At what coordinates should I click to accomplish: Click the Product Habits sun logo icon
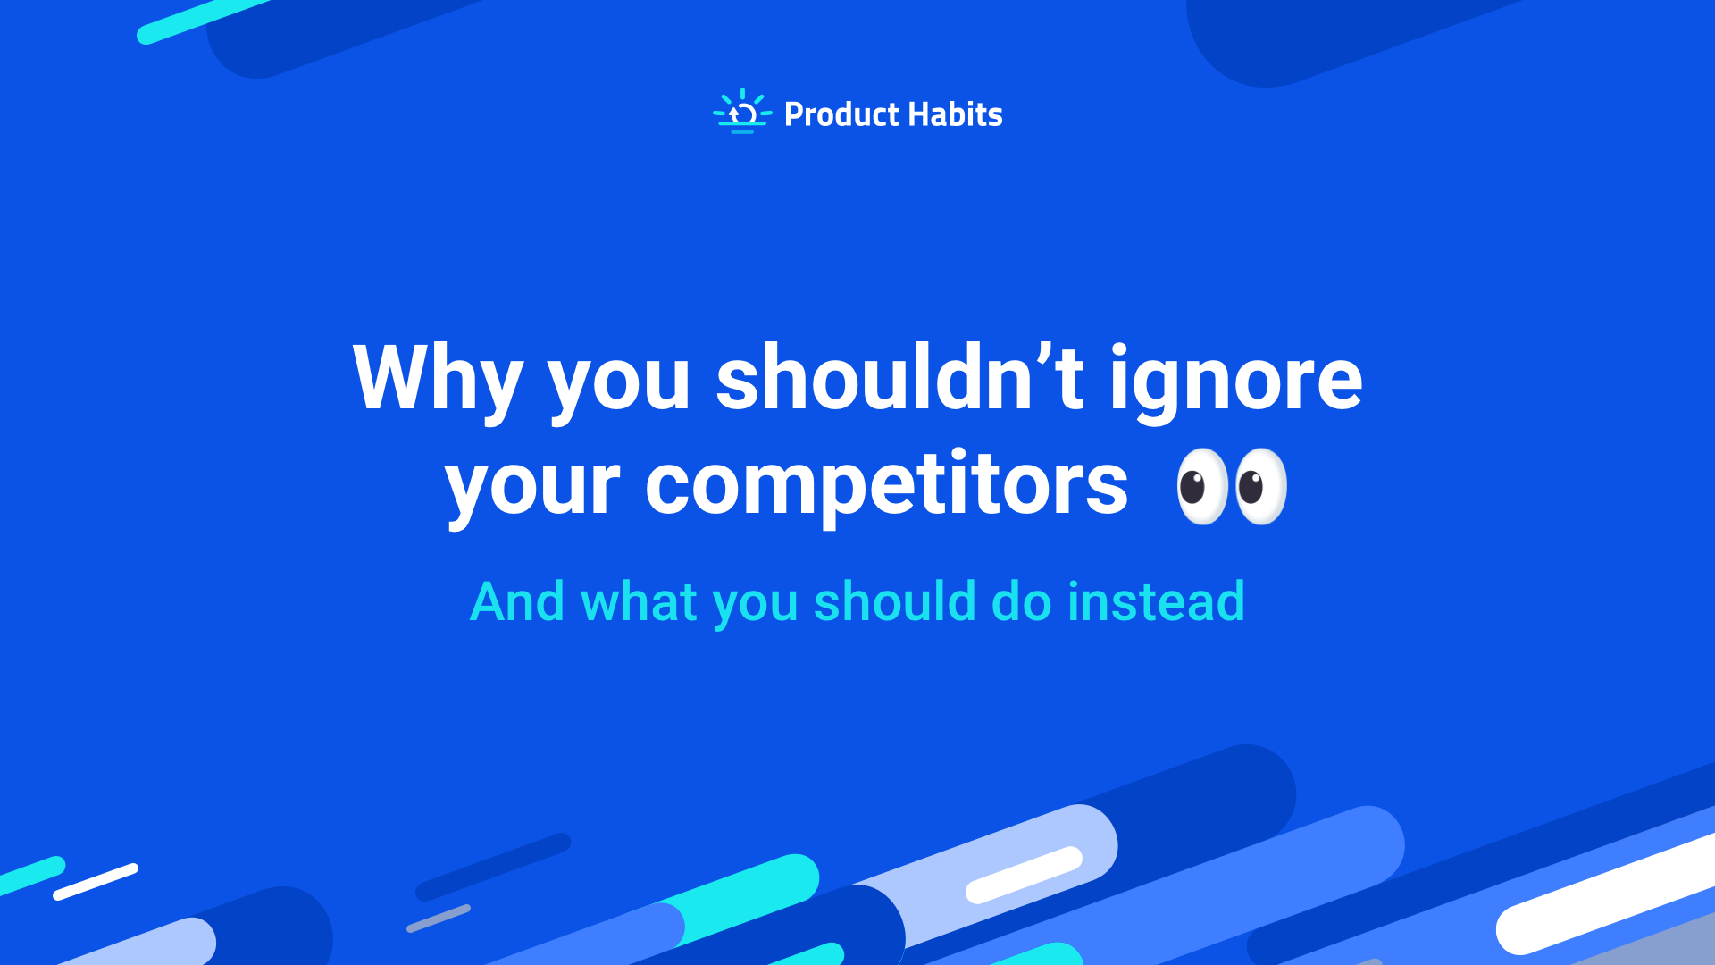(741, 113)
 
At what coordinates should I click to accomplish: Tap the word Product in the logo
(841, 114)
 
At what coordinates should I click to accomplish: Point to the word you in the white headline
(618, 382)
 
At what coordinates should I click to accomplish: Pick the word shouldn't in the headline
(899, 379)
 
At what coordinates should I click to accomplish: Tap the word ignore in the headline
(1235, 382)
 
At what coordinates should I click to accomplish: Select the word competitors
(886, 488)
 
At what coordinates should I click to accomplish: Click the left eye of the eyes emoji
(1201, 486)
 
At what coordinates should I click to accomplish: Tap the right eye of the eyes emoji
(1259, 486)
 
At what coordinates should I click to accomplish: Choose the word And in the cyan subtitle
(517, 601)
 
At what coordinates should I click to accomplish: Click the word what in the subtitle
(638, 601)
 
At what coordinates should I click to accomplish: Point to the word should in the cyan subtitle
(894, 601)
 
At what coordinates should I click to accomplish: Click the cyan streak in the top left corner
(204, 21)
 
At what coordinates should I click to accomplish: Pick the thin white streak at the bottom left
(96, 881)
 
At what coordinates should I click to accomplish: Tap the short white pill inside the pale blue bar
(1024, 875)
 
